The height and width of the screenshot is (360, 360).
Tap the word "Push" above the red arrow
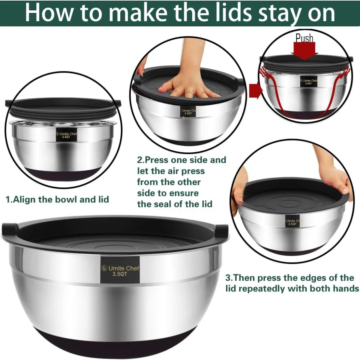[304, 38]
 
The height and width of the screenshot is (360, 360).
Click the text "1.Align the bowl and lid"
[58, 199]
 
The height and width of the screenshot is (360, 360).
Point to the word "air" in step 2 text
[174, 171]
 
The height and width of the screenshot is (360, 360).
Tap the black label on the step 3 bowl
[292, 222]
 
